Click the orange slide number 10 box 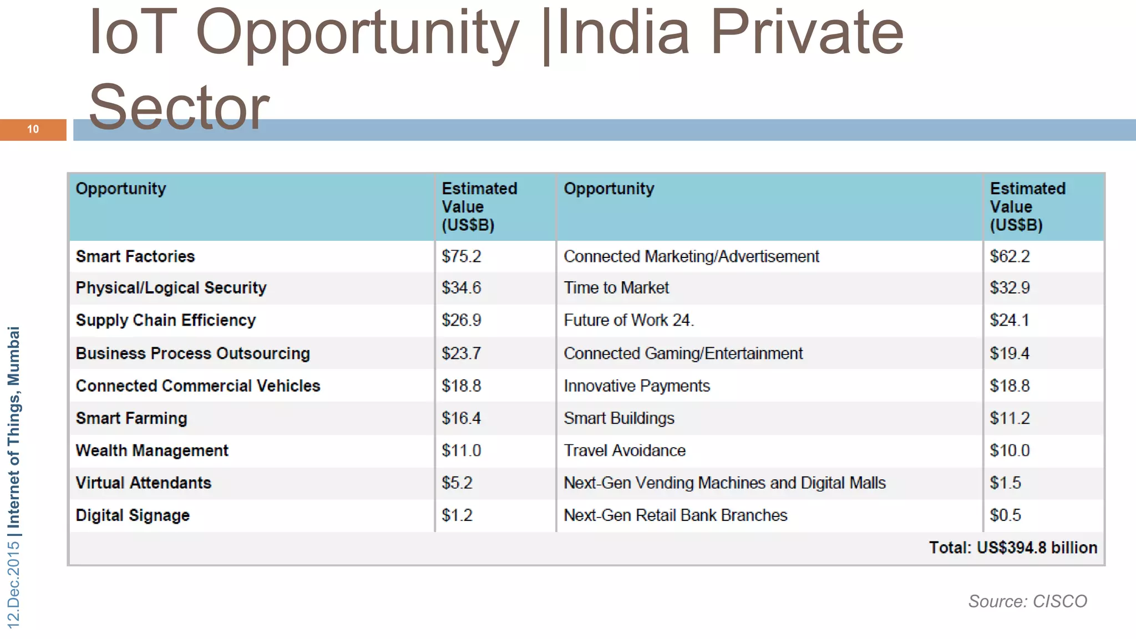tap(33, 130)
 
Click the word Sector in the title tap(179, 107)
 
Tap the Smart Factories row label tap(135, 256)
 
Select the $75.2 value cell tap(461, 256)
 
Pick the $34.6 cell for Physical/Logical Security tap(461, 288)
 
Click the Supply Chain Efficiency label tap(166, 320)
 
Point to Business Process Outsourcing tap(192, 353)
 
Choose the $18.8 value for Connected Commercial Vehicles tap(461, 386)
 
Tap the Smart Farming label tap(131, 418)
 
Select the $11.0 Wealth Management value tap(461, 450)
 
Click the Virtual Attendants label tap(143, 483)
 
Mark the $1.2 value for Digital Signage tap(457, 515)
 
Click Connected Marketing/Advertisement tap(691, 256)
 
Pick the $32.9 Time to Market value tap(1010, 288)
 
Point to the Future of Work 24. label tap(628, 320)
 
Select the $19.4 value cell tap(1010, 353)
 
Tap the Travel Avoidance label tap(625, 450)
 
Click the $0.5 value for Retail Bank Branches tap(1005, 515)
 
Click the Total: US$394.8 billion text tap(1013, 547)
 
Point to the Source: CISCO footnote tap(1027, 601)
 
